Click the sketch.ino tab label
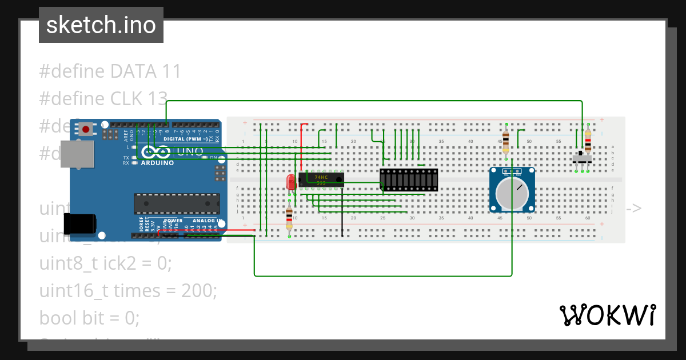[101, 25]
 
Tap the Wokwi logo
[607, 315]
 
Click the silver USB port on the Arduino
[77, 154]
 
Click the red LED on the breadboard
[291, 182]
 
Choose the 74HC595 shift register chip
[321, 179]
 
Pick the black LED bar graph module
[409, 179]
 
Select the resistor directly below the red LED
[289, 219]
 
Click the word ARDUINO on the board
[157, 163]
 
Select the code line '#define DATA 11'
[110, 71]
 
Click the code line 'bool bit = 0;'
[89, 317]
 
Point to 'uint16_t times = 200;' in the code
[128, 291]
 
